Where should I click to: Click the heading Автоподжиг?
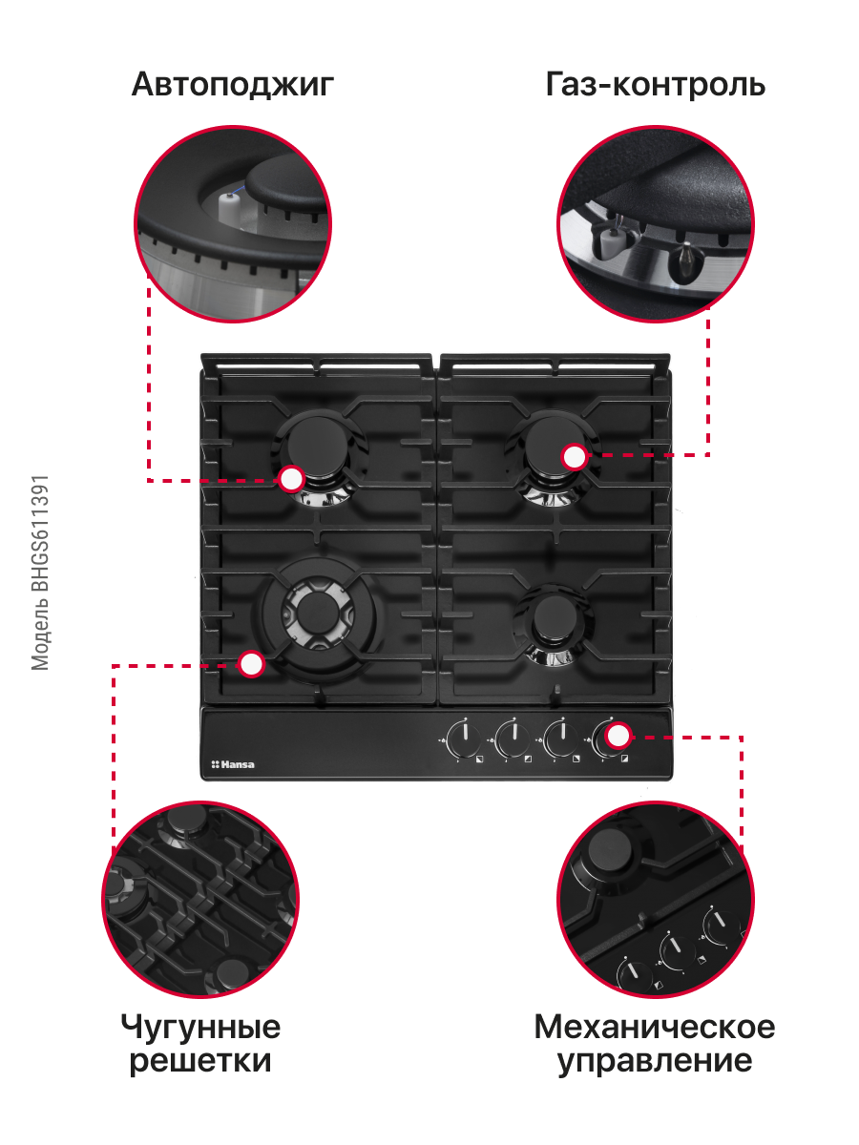click(x=233, y=85)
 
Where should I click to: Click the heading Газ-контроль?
click(x=655, y=84)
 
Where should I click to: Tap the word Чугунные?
click(x=200, y=1027)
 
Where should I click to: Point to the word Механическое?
click(x=655, y=1027)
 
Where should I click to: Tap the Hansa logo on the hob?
click(x=233, y=764)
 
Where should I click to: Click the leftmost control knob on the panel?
click(x=464, y=739)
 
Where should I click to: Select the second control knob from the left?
click(x=513, y=739)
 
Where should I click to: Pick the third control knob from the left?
click(x=561, y=739)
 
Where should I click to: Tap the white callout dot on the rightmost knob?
click(x=618, y=736)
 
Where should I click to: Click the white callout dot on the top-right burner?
click(x=575, y=456)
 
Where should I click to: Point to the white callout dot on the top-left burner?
click(x=291, y=479)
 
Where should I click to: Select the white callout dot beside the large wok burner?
click(x=251, y=664)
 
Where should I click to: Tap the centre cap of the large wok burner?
click(x=317, y=614)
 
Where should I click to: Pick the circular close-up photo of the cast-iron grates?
click(x=200, y=900)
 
